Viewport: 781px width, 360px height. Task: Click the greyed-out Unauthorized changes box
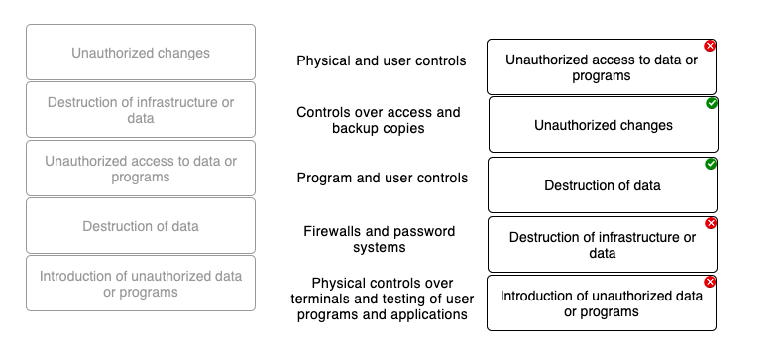[x=140, y=53]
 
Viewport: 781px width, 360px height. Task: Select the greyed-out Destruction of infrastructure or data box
[x=140, y=110]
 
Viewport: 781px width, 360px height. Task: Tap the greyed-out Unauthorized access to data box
[x=140, y=169]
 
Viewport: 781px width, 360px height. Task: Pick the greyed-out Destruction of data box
[x=140, y=226]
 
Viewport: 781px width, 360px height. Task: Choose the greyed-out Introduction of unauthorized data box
[x=140, y=284]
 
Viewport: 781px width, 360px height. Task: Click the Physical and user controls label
[x=381, y=61]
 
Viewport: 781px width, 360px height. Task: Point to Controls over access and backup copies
[x=379, y=120]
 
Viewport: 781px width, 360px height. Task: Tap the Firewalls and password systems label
[x=379, y=239]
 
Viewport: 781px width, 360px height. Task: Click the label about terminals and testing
[x=379, y=299]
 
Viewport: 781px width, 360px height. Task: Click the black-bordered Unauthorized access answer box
[x=601, y=67]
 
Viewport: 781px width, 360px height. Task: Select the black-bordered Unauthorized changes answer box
[x=603, y=125]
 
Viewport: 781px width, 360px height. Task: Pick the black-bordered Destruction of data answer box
[x=603, y=185]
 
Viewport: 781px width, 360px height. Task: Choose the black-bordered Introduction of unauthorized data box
[x=601, y=303]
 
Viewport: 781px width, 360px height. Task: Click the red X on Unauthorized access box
[x=710, y=46]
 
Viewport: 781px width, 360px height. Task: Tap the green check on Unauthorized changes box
[x=712, y=103]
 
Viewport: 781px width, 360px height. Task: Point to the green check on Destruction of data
[x=712, y=164]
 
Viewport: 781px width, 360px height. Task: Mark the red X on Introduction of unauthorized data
[x=710, y=282]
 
